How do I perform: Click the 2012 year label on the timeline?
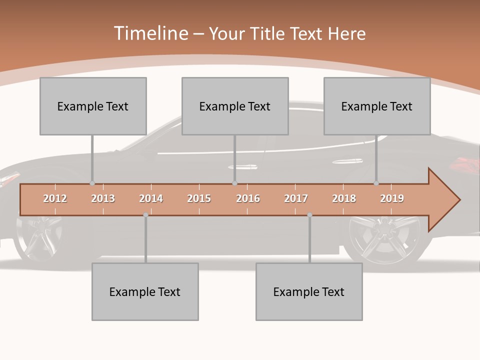click(55, 198)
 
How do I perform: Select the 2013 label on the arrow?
click(103, 198)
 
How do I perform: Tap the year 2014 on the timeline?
click(151, 198)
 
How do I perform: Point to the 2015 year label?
click(199, 198)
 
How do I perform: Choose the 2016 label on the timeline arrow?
click(248, 198)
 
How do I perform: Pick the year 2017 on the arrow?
click(296, 198)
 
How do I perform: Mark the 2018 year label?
click(344, 198)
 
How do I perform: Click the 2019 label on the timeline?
click(392, 198)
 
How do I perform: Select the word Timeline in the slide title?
click(150, 33)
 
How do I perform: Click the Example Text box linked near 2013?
click(93, 106)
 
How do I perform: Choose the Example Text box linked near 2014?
click(145, 291)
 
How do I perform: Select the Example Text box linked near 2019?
click(377, 106)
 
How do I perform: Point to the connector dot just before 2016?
click(234, 183)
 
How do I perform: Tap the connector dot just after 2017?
click(309, 215)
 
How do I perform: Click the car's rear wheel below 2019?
click(385, 240)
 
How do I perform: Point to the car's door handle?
click(243, 167)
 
